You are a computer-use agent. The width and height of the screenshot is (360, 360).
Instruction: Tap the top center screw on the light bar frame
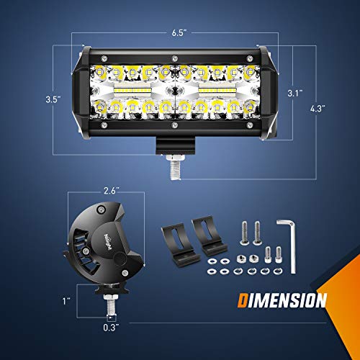click(173, 58)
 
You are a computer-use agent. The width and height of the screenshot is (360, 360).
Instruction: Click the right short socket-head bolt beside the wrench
click(277, 253)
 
